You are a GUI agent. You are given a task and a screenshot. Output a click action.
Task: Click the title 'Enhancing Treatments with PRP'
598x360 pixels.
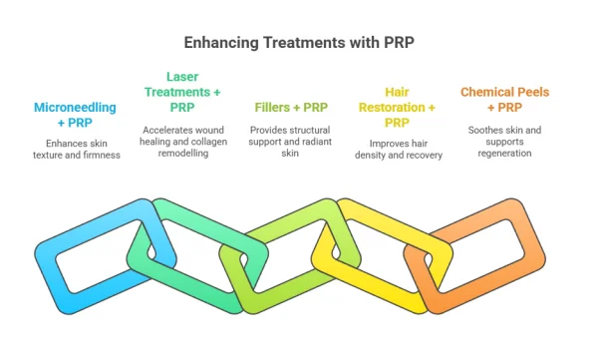pyautogui.click(x=298, y=43)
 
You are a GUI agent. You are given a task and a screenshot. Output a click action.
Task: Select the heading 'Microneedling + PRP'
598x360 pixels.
pyautogui.click(x=75, y=115)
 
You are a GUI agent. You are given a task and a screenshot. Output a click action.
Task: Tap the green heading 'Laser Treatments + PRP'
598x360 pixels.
pyautogui.click(x=182, y=91)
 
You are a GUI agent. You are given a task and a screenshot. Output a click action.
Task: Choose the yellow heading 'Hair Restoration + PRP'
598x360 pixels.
pyautogui.click(x=397, y=107)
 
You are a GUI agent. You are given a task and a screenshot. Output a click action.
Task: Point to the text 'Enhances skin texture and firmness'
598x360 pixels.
pyautogui.click(x=75, y=150)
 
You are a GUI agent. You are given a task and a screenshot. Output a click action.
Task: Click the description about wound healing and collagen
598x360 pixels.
pyautogui.click(x=182, y=142)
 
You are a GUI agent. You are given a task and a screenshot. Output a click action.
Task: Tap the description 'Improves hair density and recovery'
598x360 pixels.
pyautogui.click(x=397, y=150)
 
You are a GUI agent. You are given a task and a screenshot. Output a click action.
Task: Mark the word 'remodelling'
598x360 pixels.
pyautogui.click(x=182, y=155)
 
